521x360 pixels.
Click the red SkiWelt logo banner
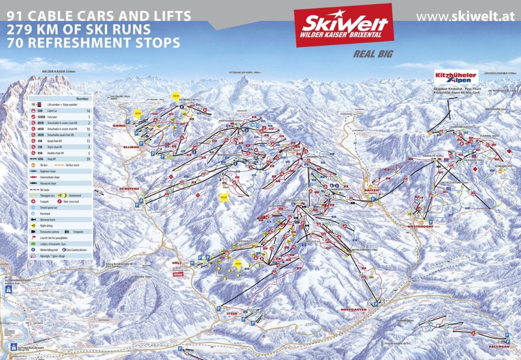point(343,25)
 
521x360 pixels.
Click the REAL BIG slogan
point(374,54)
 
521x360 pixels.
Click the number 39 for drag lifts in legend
point(89,159)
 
